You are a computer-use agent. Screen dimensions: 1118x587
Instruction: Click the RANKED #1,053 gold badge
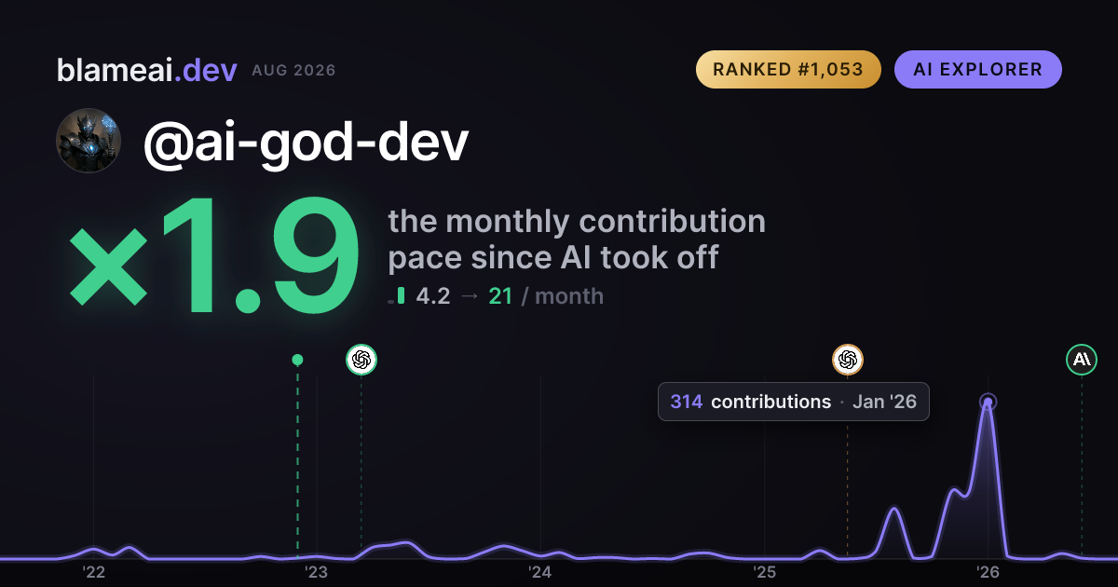[x=788, y=69]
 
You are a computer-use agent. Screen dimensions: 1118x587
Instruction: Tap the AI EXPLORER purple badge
[x=977, y=69]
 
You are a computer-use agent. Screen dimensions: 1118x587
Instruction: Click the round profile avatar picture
[x=89, y=141]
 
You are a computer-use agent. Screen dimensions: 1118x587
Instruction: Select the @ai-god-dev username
[x=306, y=143]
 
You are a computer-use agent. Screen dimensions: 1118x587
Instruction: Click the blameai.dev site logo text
[x=147, y=70]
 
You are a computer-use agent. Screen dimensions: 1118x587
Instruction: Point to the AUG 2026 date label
[x=293, y=71]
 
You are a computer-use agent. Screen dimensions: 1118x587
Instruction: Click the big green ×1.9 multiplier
[x=214, y=254]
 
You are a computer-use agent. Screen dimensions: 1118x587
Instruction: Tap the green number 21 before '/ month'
[x=500, y=296]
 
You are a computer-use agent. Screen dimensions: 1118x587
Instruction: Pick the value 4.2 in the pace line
[x=433, y=296]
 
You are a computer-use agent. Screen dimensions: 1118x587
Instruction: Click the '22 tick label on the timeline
[x=94, y=572]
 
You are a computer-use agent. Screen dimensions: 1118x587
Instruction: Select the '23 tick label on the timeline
[x=317, y=572]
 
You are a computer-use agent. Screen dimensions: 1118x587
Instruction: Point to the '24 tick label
[x=540, y=572]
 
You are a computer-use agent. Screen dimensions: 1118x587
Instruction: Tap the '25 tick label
[x=764, y=572]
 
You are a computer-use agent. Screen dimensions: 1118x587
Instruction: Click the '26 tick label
[x=988, y=572]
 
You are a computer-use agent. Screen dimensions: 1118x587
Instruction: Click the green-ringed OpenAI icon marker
[x=361, y=360]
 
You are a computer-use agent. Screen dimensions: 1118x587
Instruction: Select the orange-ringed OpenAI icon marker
[x=848, y=360]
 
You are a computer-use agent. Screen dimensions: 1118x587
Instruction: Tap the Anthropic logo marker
[x=1082, y=360]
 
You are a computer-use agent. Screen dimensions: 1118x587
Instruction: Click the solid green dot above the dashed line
[x=297, y=360]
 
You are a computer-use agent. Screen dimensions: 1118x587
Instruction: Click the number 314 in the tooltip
[x=687, y=402]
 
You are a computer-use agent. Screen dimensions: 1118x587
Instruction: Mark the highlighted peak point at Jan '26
[x=988, y=402]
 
